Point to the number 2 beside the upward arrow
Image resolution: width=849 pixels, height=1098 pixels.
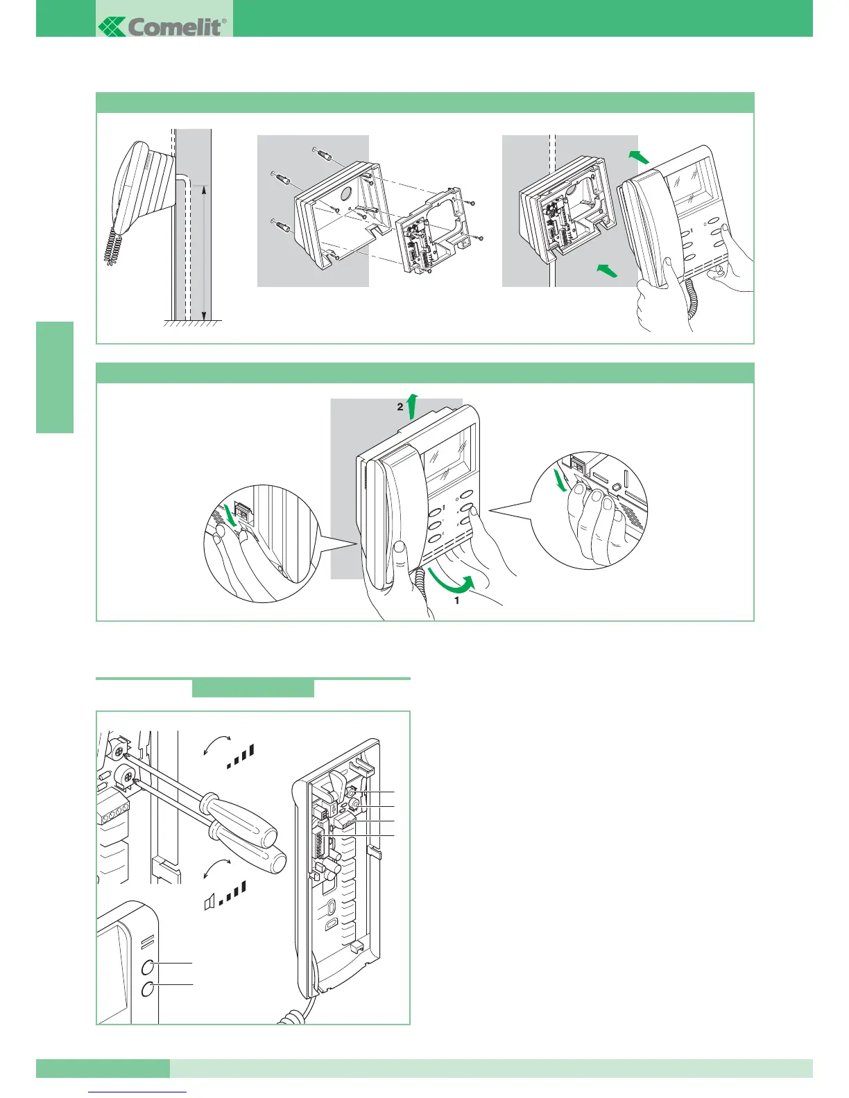[400, 408]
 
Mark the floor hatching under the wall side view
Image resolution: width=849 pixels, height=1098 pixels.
[193, 324]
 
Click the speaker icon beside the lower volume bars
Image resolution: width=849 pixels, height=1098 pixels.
[209, 901]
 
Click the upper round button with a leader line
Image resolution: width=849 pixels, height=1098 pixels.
[148, 968]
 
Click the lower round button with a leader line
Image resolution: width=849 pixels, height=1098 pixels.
[148, 990]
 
